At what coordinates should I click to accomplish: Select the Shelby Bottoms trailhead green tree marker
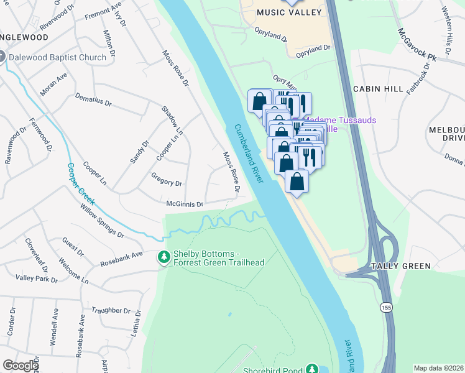pos(164,257)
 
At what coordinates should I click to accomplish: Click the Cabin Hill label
pos(379,89)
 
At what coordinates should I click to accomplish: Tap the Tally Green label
pos(400,266)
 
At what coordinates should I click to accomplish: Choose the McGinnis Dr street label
pos(185,204)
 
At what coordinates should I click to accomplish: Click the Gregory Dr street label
pos(167,183)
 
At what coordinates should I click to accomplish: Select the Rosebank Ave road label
pos(122,259)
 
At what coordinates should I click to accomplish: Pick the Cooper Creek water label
pos(81,184)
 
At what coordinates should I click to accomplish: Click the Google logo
pos(20,366)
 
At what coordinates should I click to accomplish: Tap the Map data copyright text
pos(438,368)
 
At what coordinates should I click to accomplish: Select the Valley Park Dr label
pos(37,279)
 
